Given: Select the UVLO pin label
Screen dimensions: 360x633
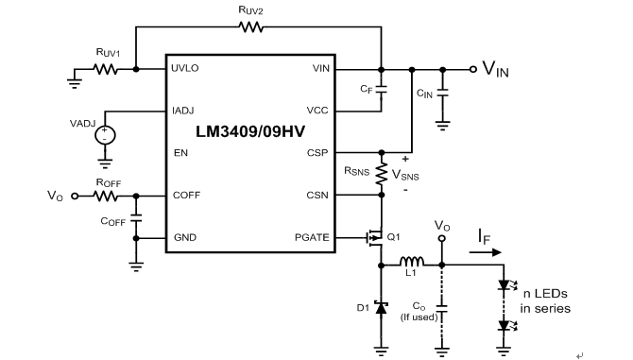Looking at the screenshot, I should coord(186,69).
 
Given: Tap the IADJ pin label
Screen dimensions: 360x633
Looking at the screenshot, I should coord(184,111).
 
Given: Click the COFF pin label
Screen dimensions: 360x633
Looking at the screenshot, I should coord(185,196).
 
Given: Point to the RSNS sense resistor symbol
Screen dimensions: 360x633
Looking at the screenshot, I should coord(381,174).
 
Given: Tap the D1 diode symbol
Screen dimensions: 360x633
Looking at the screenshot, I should coord(381,307).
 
